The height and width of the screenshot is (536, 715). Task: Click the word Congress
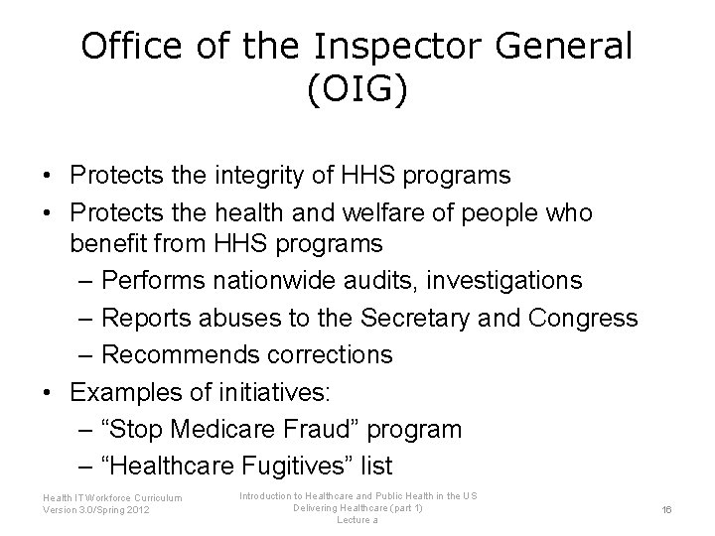[x=584, y=318]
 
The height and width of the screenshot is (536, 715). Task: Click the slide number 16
[x=667, y=509]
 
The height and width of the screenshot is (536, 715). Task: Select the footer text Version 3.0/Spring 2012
[x=97, y=509]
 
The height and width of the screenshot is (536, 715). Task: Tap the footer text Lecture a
[x=357, y=520]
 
